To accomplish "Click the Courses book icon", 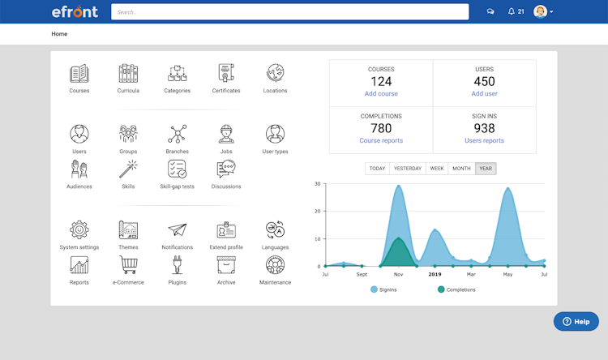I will click(x=79, y=74).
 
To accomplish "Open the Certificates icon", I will click(x=226, y=74).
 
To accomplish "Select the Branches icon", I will click(x=178, y=134).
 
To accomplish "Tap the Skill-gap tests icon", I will click(x=177, y=169).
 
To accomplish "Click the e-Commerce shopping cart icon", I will click(x=128, y=265).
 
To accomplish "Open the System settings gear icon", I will click(x=79, y=230).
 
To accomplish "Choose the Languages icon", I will click(x=275, y=230).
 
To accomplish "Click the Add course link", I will click(x=381, y=94).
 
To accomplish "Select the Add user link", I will click(x=484, y=94).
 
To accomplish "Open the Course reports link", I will click(x=381, y=141).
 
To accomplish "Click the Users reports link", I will click(x=484, y=141).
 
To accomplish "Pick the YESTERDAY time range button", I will click(x=407, y=169).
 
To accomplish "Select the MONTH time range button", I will click(x=461, y=169).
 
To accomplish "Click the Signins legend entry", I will click(x=384, y=289).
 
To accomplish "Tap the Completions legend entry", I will click(x=455, y=289).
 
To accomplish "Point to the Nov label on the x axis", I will click(x=398, y=275).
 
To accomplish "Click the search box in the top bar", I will click(x=289, y=12).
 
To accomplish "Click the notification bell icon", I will click(x=512, y=11).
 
